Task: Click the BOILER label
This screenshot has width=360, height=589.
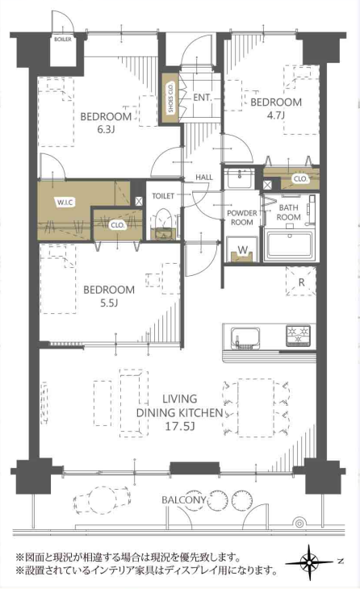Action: [62, 40]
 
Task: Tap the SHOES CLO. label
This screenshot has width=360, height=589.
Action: [170, 98]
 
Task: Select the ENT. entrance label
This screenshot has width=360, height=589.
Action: [203, 98]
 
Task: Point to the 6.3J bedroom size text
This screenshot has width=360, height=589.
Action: [106, 130]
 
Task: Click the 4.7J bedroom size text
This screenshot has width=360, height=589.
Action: [275, 115]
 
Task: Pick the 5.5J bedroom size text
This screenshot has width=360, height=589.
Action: [109, 303]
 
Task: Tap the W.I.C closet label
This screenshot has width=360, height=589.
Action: [65, 203]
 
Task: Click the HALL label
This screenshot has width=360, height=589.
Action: [203, 178]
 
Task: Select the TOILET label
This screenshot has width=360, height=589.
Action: [163, 196]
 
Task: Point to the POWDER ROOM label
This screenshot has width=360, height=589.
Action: [242, 218]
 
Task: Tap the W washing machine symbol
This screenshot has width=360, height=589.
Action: [243, 250]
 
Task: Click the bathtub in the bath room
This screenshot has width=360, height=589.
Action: [289, 245]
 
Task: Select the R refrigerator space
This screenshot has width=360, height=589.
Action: [301, 282]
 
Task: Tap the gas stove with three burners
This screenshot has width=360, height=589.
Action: [299, 336]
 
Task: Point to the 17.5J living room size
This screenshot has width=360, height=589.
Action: [180, 426]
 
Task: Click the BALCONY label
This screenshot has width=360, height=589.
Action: [184, 500]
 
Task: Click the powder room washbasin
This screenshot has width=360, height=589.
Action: [240, 178]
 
